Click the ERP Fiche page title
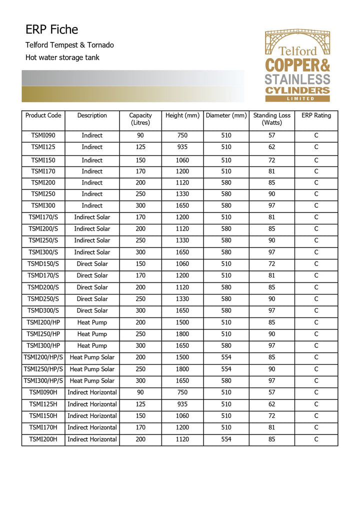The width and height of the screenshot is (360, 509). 52,29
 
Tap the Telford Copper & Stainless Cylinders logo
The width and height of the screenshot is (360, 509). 297,65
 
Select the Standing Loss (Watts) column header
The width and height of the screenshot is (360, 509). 271,119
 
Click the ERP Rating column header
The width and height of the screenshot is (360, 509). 316,115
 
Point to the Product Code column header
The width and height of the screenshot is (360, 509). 43,115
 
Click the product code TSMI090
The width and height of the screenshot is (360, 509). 43,135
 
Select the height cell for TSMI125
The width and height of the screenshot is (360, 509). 182,147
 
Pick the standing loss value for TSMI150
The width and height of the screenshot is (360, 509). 271,160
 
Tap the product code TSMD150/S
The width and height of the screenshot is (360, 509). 43,263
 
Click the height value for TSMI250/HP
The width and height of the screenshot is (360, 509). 182,334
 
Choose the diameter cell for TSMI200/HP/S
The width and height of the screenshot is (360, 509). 226,357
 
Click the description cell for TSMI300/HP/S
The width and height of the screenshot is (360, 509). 92,380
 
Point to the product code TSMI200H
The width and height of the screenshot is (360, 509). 43,439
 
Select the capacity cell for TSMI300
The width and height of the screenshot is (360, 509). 140,205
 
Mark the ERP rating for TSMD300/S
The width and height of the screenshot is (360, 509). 316,310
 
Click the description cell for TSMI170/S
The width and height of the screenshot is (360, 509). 92,217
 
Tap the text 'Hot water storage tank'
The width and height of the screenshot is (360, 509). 62,57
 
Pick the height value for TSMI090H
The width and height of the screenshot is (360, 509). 182,392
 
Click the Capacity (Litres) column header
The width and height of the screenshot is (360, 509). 140,119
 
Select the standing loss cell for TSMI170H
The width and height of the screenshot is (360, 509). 271,427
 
